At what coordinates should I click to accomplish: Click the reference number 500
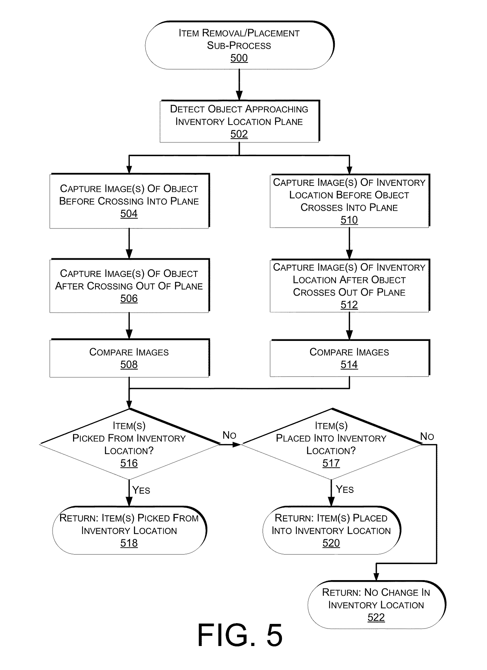(239, 58)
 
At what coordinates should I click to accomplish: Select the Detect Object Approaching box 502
(239, 121)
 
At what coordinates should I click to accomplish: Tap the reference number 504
(129, 214)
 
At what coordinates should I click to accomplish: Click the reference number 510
(349, 220)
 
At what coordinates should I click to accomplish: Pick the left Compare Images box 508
(129, 358)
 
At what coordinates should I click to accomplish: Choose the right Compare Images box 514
(349, 358)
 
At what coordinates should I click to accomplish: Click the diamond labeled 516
(129, 444)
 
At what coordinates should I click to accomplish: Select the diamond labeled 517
(331, 444)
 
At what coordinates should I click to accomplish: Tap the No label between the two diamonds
(229, 435)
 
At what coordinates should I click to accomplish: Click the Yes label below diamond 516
(141, 490)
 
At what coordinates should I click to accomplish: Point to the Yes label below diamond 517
(345, 489)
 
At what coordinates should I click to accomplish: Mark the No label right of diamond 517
(427, 437)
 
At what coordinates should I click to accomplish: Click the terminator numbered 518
(129, 530)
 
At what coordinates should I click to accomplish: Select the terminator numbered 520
(331, 530)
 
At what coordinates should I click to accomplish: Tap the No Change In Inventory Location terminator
(376, 604)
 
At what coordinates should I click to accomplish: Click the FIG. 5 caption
(240, 635)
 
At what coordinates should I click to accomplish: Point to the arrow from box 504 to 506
(129, 244)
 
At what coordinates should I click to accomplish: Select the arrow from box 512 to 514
(349, 326)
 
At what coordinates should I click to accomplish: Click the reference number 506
(129, 299)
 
